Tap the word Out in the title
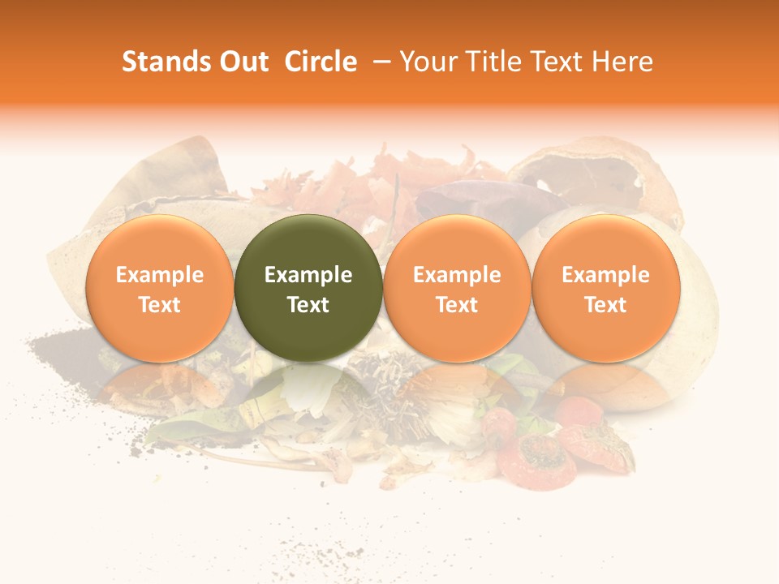point(242,62)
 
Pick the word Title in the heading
point(490,62)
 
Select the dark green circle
point(308,289)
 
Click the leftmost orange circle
point(159,289)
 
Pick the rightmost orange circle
point(605,289)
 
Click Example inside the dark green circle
point(308,275)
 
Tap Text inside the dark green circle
point(308,305)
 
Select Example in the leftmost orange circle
point(159,275)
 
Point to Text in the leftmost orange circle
point(159,305)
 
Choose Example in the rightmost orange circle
point(605,275)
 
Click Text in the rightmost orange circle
point(605,305)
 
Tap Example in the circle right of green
point(457,275)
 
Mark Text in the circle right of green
point(457,305)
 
